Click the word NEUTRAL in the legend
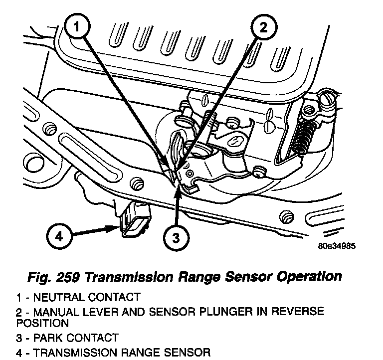click(54, 298)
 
